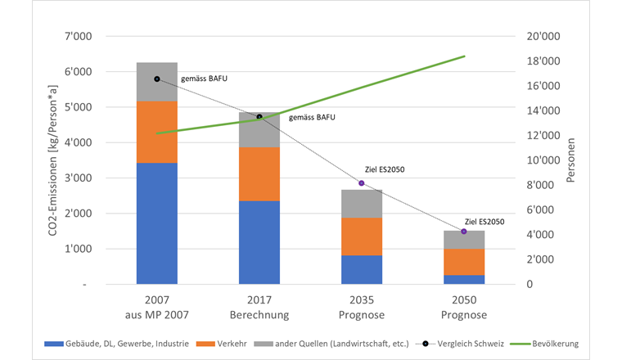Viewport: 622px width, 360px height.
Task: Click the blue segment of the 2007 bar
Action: [156, 223]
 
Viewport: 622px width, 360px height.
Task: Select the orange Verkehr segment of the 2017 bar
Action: [259, 173]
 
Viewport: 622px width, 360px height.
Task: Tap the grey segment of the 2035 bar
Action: [361, 204]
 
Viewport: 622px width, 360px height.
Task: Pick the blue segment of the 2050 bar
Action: [464, 279]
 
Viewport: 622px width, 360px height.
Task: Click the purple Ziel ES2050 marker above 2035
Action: [361, 183]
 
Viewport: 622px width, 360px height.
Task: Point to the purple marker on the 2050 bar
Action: [464, 232]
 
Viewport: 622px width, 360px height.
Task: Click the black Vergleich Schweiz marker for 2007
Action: [156, 79]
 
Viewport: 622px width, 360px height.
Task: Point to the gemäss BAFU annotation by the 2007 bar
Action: [204, 79]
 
